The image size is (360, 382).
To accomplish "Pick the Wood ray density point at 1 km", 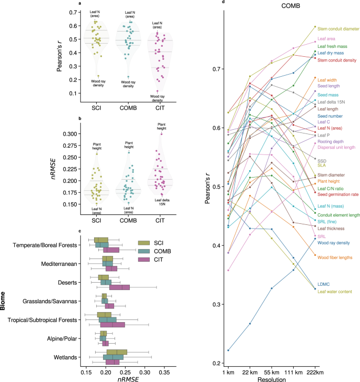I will [228, 350].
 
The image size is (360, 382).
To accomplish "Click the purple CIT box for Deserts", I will [119, 287].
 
